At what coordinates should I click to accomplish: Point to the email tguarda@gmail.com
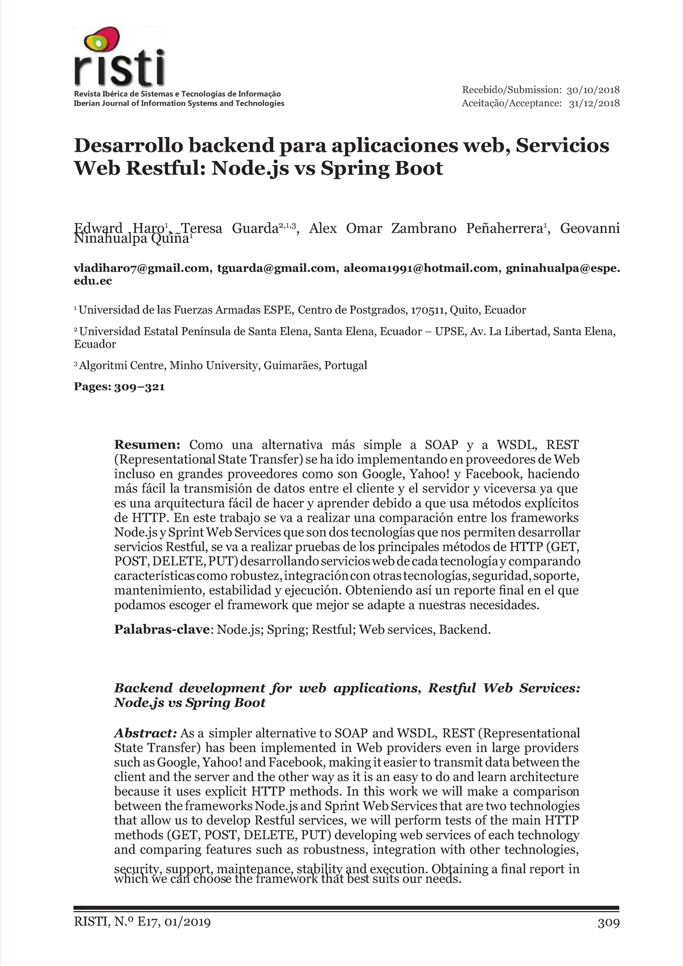click(276, 269)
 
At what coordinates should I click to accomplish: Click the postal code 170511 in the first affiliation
click(427, 310)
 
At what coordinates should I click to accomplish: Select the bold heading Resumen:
click(147, 444)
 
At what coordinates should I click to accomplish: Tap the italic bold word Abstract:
click(146, 733)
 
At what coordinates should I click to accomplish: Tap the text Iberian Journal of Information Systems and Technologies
click(179, 104)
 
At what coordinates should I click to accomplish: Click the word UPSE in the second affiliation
click(449, 331)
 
